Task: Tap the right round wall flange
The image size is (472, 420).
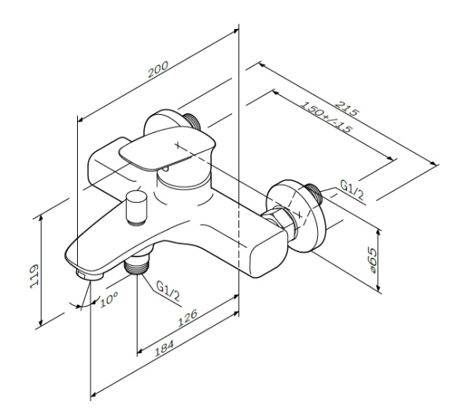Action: tap(301, 214)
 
